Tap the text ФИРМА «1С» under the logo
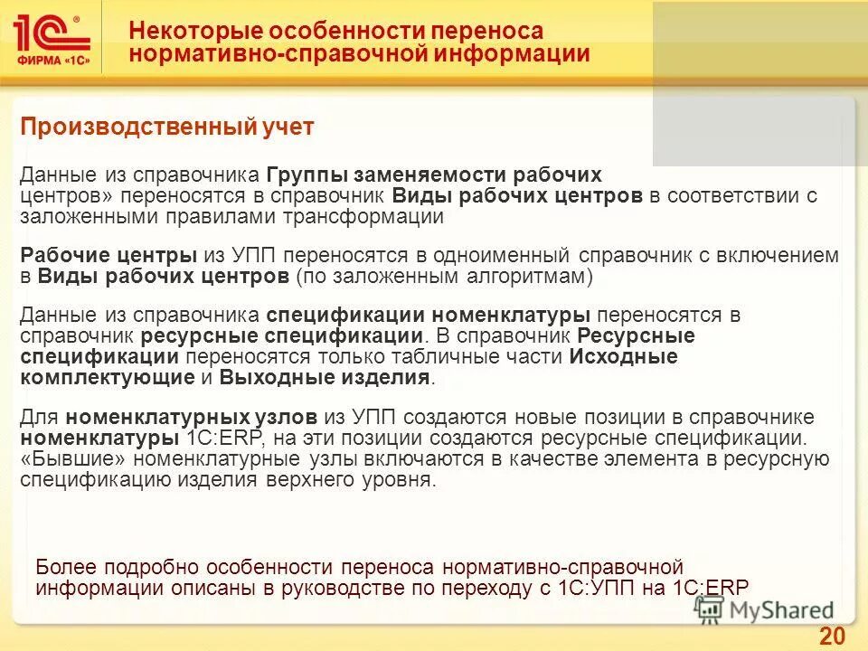point(51,62)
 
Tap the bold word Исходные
point(624,356)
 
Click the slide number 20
point(832,637)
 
